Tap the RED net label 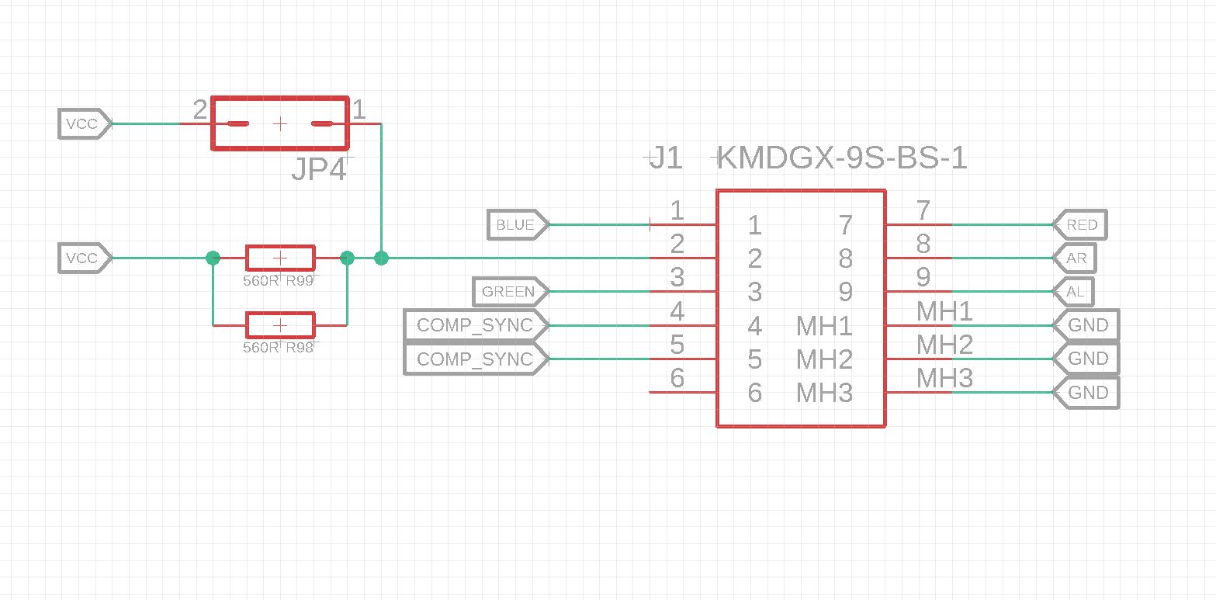pos(1081,225)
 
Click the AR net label pos(1076,258)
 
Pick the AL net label pos(1075,292)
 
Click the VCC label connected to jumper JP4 pos(83,124)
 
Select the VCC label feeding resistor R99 pos(83,258)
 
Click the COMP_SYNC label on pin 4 pos(474,325)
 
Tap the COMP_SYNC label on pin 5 pos(474,359)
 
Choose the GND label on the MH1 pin pos(1087,325)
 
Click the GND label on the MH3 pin pos(1087,393)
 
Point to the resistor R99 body pos(280,258)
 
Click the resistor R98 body pos(280,325)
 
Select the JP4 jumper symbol pos(280,123)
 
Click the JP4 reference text pos(319,170)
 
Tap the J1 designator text pos(667,159)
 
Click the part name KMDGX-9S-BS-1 pos(843,159)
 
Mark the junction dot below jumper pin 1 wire pos(381,258)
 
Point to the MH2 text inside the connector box pos(824,359)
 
